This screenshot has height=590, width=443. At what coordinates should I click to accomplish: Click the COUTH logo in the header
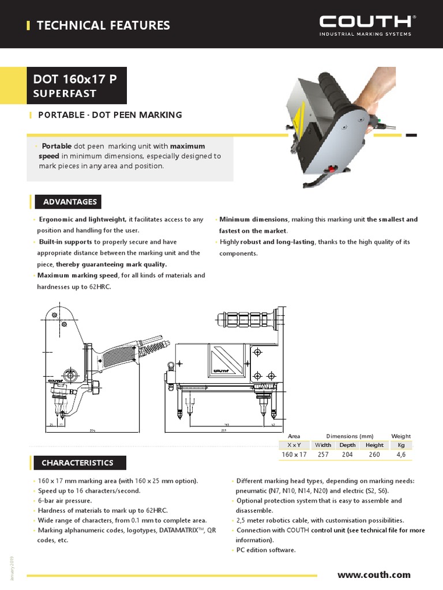(366, 22)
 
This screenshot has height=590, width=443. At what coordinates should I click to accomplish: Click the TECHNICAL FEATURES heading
(103, 25)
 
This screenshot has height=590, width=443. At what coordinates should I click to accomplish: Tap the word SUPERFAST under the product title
(65, 93)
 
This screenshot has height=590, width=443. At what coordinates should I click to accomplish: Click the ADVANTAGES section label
(69, 202)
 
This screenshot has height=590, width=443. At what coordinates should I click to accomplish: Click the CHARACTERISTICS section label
(77, 463)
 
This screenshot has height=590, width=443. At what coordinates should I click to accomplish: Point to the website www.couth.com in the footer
(374, 574)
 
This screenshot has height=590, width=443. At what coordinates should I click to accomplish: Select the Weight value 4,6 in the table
(401, 455)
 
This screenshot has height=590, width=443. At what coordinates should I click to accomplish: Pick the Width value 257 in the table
(323, 455)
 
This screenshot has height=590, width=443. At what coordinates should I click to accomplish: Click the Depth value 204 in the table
(347, 455)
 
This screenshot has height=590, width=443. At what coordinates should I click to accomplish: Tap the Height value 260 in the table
(374, 455)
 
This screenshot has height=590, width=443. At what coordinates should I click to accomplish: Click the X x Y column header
(294, 445)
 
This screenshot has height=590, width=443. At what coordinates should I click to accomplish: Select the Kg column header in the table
(401, 445)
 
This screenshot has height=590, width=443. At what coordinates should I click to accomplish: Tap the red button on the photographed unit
(332, 169)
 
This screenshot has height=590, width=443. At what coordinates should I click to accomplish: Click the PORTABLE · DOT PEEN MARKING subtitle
(110, 115)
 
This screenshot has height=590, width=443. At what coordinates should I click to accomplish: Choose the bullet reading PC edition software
(266, 550)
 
